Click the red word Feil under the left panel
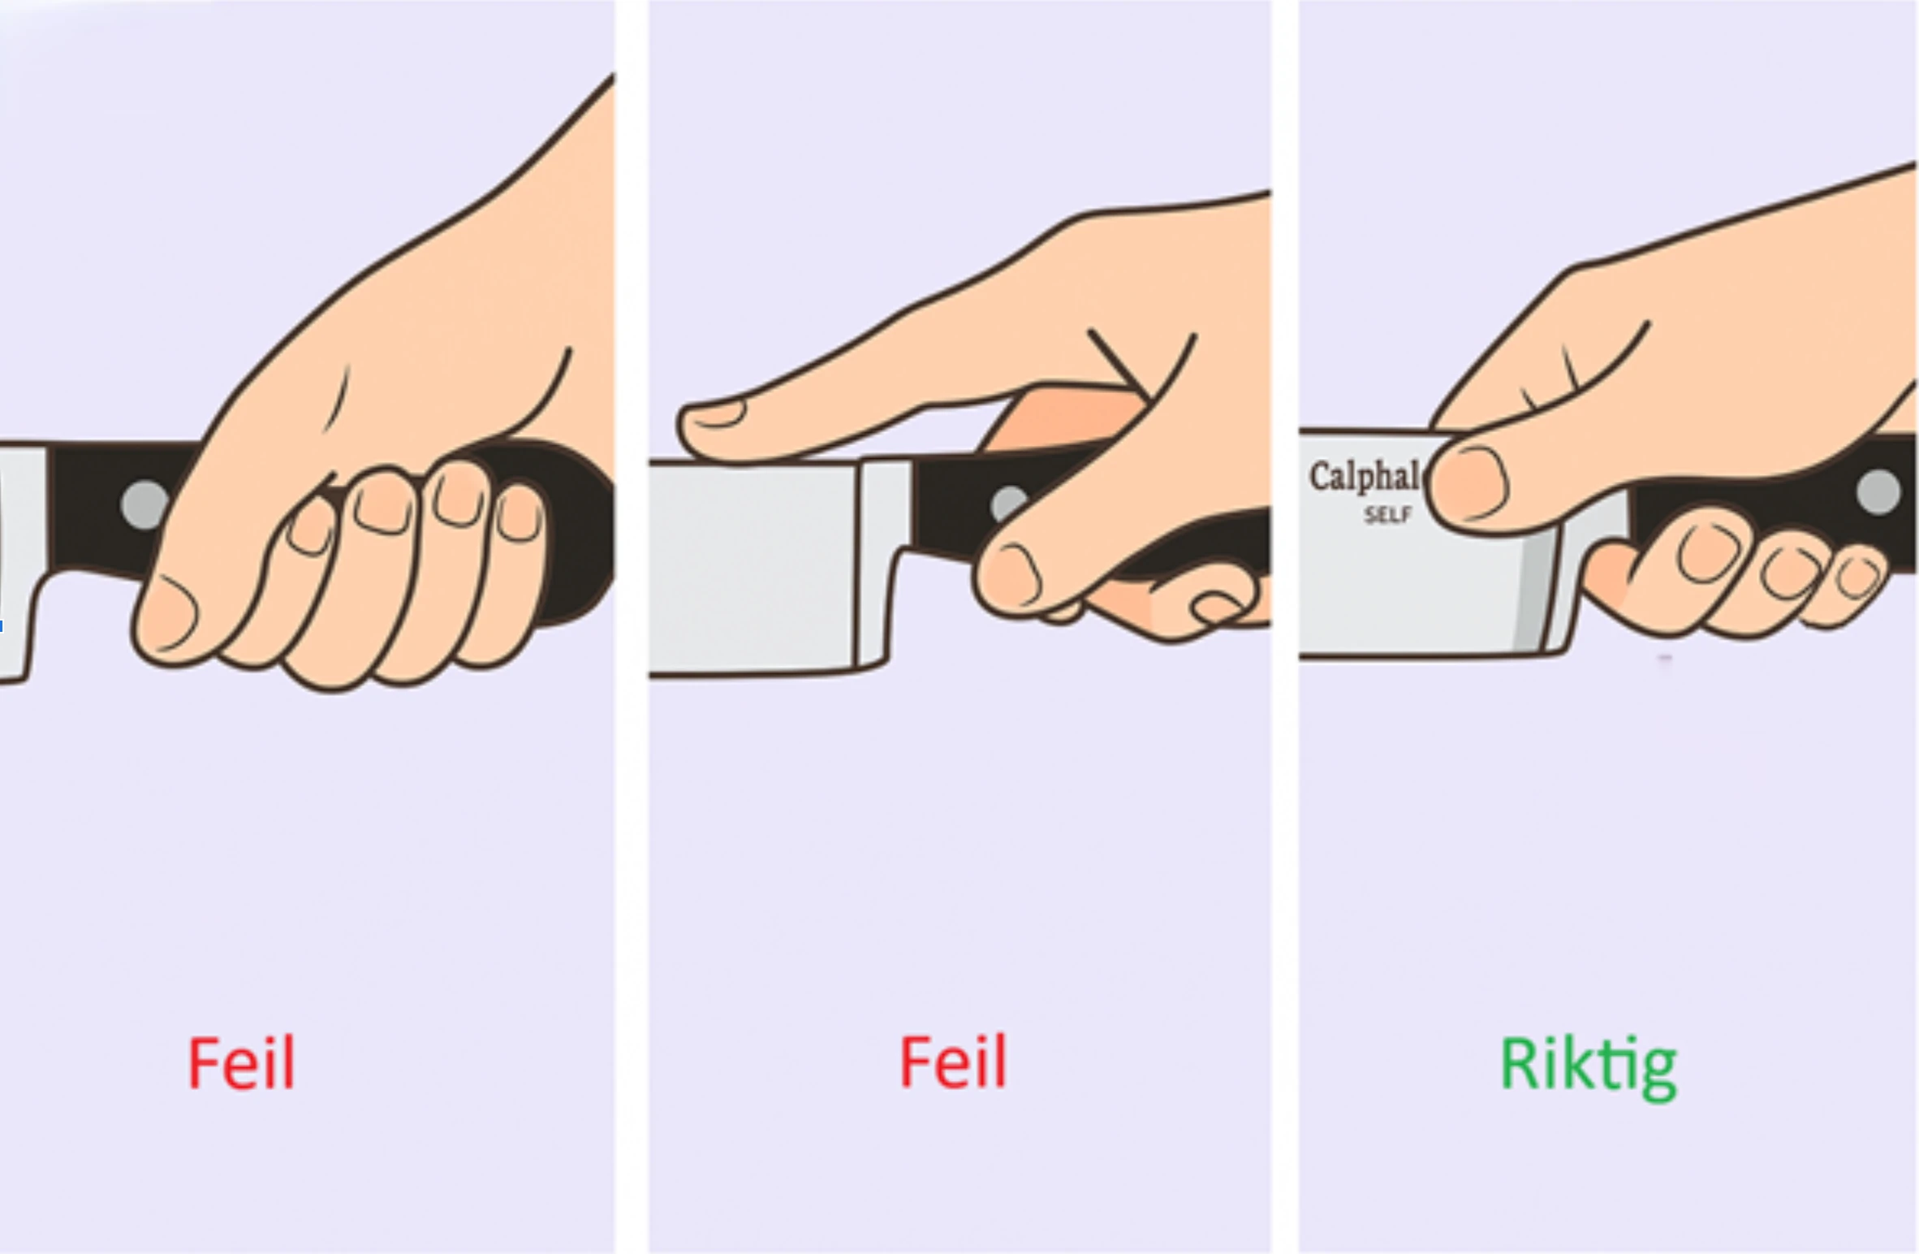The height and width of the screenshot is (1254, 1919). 241,1063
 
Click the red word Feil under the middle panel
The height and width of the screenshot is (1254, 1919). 953,1062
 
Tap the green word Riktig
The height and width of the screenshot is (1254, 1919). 1588,1067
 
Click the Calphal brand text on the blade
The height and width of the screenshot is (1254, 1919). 1364,477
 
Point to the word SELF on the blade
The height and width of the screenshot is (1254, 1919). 1388,515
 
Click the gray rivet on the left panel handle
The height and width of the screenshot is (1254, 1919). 144,504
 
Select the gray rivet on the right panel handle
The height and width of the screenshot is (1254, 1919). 1878,491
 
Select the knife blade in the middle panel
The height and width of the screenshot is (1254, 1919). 751,569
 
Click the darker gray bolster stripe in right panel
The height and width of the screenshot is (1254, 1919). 1529,593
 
